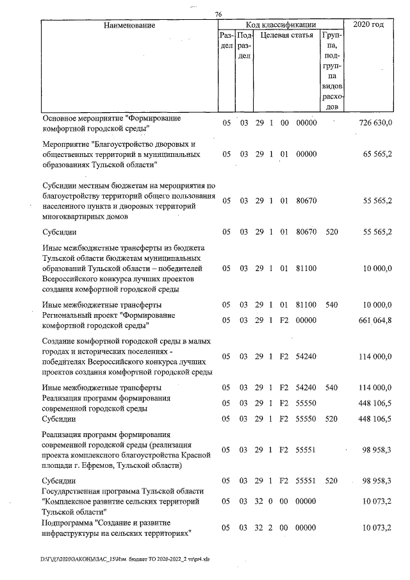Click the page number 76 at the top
pos(218,15)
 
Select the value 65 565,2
pos(377,154)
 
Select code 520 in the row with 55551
pos(331,481)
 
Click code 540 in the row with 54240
pos(331,388)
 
